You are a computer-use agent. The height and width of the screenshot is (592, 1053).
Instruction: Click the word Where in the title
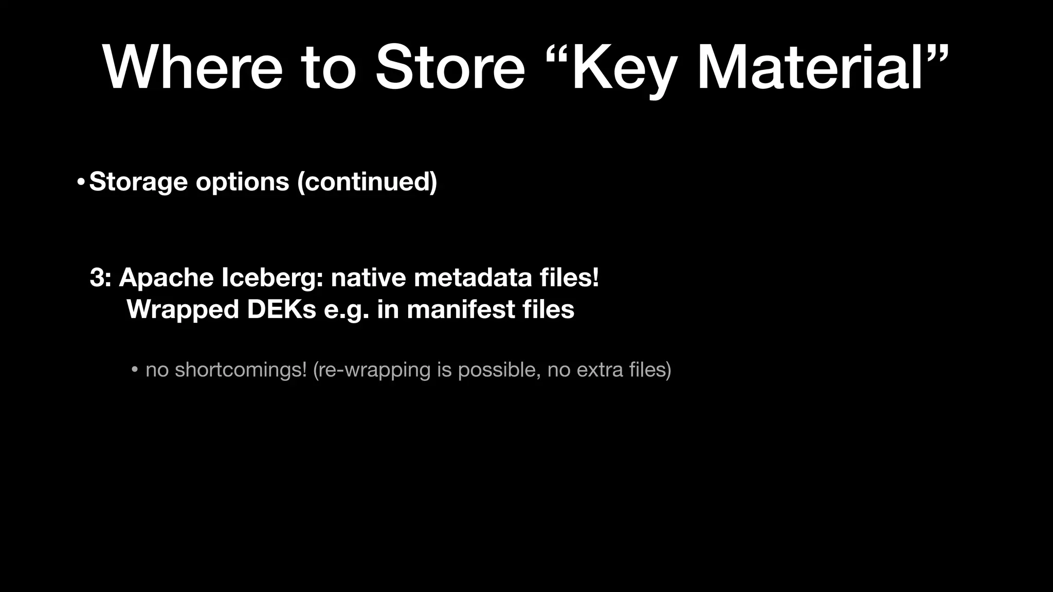193,68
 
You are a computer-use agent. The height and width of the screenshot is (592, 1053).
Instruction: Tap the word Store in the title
450,68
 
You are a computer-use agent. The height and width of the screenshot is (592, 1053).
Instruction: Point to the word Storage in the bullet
138,182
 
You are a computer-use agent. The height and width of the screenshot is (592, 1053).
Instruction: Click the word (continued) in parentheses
367,182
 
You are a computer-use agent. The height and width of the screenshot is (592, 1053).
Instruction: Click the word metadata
473,278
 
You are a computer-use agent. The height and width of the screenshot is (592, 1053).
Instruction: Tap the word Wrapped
183,310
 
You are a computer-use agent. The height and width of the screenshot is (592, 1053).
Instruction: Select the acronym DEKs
281,310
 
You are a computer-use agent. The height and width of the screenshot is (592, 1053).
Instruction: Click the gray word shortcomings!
241,370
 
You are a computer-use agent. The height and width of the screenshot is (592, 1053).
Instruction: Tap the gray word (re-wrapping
371,370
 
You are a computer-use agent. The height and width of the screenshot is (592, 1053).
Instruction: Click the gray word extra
601,370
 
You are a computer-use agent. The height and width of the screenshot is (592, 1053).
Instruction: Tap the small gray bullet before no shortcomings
134,370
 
